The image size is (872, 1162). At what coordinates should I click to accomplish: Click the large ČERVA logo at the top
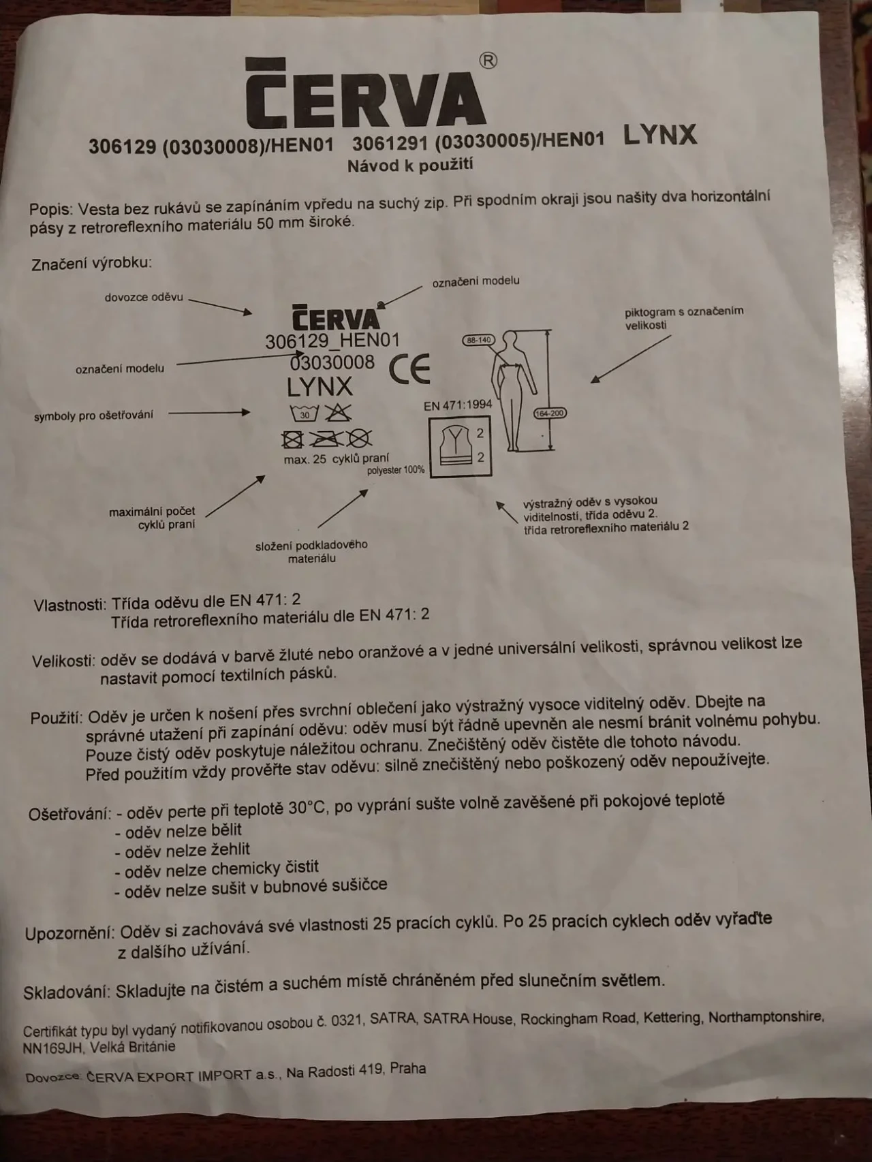coord(365,94)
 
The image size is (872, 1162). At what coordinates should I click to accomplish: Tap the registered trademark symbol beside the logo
coord(488,61)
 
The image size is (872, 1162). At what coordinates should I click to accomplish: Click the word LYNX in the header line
coord(660,135)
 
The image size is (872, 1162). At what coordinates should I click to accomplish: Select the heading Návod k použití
coord(410,165)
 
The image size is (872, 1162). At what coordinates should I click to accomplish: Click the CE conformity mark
coord(410,368)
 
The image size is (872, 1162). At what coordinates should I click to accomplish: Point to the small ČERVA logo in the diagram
coord(336,318)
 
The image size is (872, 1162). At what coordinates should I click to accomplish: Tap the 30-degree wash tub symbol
coord(305,413)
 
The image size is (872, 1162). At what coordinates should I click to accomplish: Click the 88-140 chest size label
coord(478,340)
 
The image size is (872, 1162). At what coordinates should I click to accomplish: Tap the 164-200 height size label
coord(550,413)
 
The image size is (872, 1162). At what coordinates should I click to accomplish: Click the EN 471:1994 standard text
coord(458,405)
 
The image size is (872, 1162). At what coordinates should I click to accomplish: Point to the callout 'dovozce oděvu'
coord(144,298)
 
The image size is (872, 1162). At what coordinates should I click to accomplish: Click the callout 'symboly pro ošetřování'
coord(94,415)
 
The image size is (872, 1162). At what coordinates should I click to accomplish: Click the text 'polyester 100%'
coord(396,470)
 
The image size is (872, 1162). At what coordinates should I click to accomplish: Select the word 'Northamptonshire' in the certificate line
coord(766,1017)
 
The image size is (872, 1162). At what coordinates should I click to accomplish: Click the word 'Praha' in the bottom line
coord(407,1069)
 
